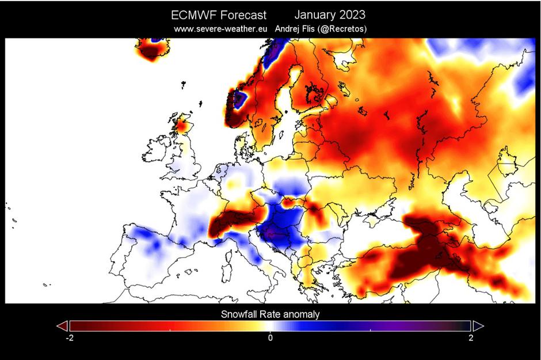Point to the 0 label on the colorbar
coord(270,338)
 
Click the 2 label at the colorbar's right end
coord(471,338)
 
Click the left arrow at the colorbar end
coord(62,326)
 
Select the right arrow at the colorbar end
coord(478,326)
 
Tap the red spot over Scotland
coord(184,124)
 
